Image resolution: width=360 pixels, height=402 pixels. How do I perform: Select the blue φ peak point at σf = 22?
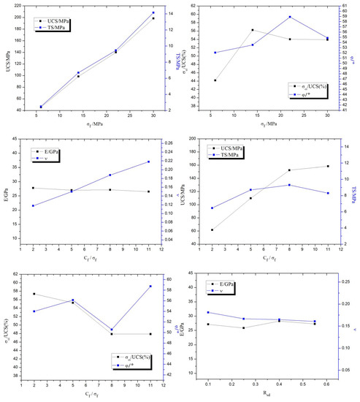pos(290,17)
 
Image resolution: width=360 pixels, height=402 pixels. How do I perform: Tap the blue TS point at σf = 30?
pos(153,12)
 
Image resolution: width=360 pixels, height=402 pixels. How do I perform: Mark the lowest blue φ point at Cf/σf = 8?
pos(112,330)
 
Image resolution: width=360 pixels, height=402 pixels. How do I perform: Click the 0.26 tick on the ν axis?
pos(164,143)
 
